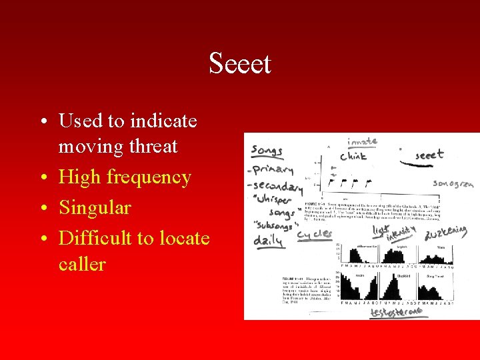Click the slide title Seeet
(x=240, y=64)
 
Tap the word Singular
(x=95, y=207)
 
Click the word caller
(x=82, y=264)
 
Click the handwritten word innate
(x=362, y=141)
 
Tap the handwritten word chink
(x=353, y=157)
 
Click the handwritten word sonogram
(x=455, y=183)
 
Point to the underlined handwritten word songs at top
(x=267, y=151)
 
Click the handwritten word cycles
(x=314, y=233)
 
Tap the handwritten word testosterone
(x=398, y=312)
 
